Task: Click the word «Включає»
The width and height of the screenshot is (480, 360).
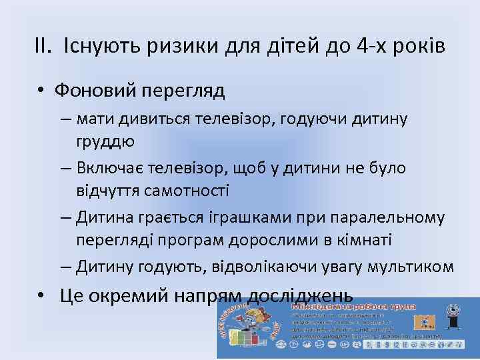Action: point(111,168)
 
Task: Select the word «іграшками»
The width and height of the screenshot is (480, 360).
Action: point(240,217)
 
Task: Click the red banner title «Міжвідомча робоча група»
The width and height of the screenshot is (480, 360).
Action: point(353,307)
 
